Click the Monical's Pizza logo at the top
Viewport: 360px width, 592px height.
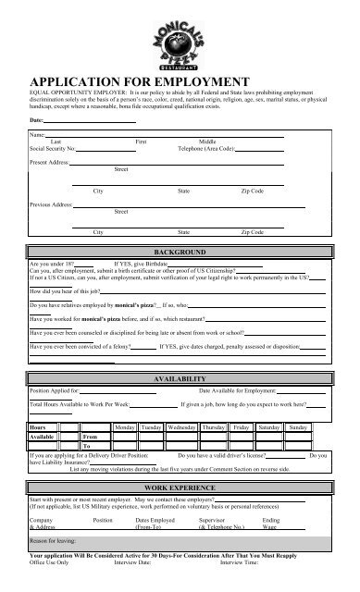click(180, 36)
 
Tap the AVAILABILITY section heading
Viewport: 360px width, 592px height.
click(180, 379)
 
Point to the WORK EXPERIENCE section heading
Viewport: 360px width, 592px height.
click(180, 512)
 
